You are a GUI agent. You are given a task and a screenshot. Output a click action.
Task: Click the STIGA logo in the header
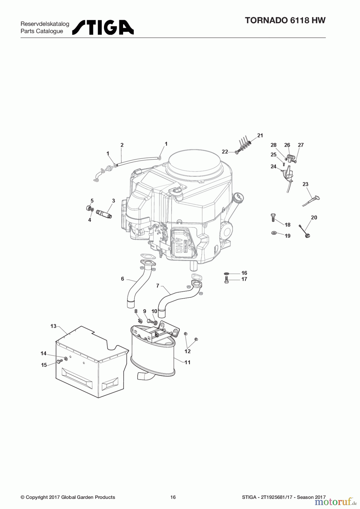pos(103,27)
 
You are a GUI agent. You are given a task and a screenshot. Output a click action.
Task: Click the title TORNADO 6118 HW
pos(285,20)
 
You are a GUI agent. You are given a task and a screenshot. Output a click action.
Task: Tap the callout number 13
pos(53,326)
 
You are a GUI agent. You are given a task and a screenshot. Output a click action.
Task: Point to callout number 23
pos(305,184)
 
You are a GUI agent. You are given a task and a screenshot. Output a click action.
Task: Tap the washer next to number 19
pos(274,233)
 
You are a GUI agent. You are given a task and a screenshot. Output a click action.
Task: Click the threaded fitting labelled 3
pos(104,213)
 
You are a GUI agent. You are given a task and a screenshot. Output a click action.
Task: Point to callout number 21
pos(260,135)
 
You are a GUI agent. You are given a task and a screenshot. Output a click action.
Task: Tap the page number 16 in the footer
pos(173,497)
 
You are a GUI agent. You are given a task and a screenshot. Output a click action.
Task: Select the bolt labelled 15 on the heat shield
pos(59,361)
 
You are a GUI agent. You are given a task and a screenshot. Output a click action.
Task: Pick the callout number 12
pos(187,351)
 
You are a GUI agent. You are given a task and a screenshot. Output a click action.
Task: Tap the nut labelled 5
pos(88,208)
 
